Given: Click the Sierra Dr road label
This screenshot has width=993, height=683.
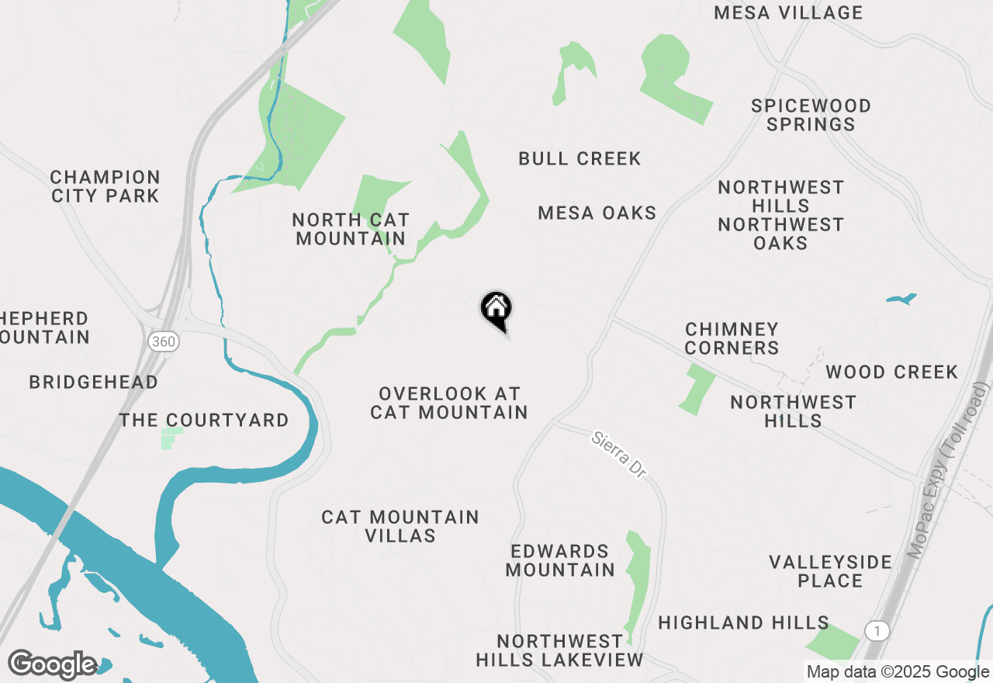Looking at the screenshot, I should click(618, 455).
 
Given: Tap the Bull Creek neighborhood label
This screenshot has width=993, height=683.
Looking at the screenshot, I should click(580, 158).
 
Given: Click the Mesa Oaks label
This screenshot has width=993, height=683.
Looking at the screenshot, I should click(597, 213).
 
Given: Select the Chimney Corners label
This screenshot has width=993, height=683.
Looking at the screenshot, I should click(732, 338).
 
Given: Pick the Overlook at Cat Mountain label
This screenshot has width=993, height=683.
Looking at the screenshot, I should click(448, 403).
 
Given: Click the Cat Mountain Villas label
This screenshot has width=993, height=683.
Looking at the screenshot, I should click(400, 525).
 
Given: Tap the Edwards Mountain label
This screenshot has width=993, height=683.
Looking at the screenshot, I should click(560, 560).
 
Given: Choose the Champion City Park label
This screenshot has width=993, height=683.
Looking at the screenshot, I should click(106, 186).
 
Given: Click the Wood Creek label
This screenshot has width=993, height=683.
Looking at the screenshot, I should click(891, 372).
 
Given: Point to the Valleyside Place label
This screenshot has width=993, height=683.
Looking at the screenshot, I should click(830, 570).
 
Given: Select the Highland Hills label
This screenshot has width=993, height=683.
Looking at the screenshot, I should click(743, 622).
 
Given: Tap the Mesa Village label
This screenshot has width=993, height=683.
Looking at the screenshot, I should click(788, 12).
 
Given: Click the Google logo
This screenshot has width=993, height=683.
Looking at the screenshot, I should click(53, 664).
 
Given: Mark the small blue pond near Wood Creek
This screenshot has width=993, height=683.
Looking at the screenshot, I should click(901, 298).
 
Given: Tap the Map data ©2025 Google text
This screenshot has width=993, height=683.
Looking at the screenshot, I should click(898, 672).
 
